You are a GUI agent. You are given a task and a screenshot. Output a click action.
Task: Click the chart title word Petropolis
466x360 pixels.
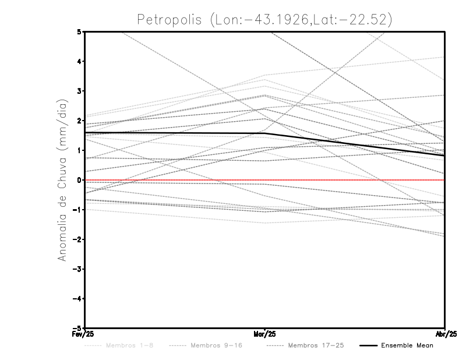point(168,19)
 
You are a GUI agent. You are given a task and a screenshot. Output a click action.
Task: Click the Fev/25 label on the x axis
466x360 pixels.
point(85,334)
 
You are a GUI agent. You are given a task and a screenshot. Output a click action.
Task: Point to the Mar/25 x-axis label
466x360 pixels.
point(265,334)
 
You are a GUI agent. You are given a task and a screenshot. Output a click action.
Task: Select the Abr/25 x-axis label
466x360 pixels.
point(445,334)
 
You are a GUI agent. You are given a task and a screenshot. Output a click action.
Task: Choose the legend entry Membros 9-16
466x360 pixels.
point(216,345)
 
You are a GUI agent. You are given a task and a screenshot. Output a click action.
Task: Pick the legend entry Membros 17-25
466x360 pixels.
point(315,345)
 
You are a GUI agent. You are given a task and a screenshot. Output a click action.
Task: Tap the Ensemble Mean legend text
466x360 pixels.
point(407,345)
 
